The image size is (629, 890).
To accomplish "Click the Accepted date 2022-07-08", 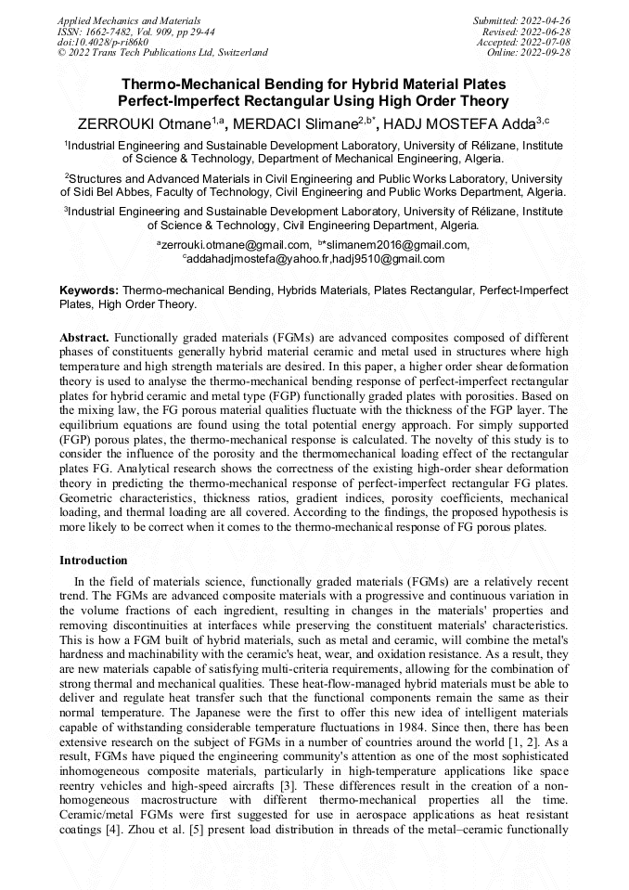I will click(x=547, y=42).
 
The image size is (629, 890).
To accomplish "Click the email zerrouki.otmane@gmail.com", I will click(x=233, y=245).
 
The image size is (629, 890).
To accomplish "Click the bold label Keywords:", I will click(x=89, y=290).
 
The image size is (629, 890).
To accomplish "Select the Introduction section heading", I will click(x=94, y=561).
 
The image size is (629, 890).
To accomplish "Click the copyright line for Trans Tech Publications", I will click(x=162, y=53).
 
